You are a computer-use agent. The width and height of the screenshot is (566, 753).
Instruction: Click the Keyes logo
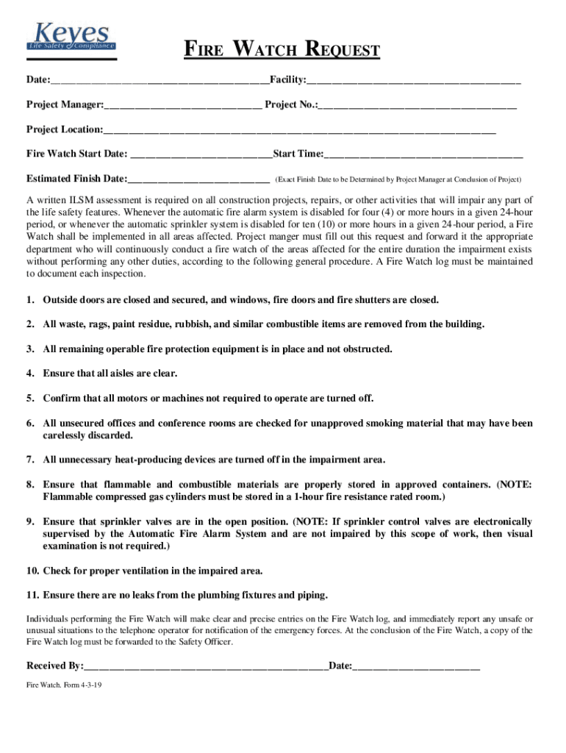[x=71, y=38]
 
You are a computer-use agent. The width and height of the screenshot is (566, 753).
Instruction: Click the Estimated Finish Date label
[x=76, y=179]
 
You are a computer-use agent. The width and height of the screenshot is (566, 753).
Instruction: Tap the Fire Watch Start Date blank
[x=200, y=155]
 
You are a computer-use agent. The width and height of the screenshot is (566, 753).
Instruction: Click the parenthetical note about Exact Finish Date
[x=398, y=179]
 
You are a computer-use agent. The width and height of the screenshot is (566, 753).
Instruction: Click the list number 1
[x=30, y=300]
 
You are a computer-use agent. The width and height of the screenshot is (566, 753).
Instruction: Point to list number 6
[x=30, y=424]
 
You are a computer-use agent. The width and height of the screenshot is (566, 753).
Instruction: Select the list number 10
[x=32, y=571]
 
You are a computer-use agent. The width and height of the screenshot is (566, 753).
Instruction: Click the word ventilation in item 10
[x=162, y=571]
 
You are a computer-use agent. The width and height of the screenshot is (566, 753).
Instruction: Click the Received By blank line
[x=206, y=667]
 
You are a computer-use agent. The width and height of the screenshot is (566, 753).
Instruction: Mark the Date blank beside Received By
[x=416, y=667]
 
